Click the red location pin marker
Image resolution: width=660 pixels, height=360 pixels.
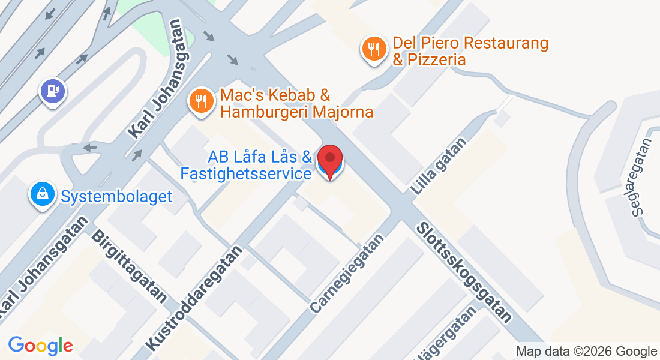329,160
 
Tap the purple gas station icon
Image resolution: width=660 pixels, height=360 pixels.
53,91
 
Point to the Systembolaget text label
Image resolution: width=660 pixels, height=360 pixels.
116,196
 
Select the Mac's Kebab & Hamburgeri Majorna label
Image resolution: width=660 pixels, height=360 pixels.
296,103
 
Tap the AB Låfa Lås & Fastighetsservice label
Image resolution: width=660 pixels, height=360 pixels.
259,166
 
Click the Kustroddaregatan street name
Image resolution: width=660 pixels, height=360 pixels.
195,297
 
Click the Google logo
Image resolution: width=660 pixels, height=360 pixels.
40,346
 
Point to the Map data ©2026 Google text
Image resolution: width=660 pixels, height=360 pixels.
587,352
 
